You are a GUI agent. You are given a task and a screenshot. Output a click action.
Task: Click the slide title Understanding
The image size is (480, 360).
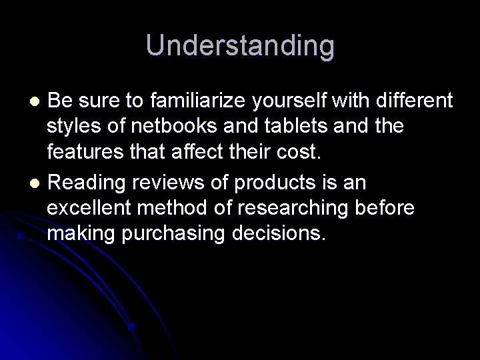[240, 45]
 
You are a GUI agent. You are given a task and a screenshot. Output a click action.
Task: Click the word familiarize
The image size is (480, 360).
[189, 101]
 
